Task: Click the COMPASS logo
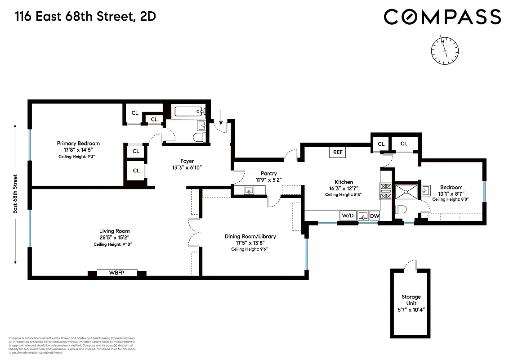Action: coord(442,17)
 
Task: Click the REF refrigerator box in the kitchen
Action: coord(338,152)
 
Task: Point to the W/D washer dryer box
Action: coord(348,216)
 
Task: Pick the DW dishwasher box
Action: coord(375,216)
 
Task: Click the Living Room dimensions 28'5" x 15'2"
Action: coord(112,237)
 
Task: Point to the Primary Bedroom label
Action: coord(78,143)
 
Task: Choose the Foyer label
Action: coord(187,161)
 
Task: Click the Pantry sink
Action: coord(249,191)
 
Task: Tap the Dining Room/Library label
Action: coord(250,236)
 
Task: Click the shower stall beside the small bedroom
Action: coord(406,192)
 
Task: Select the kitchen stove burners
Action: coord(386,191)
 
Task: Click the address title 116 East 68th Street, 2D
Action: coord(86,17)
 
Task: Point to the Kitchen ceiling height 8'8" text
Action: coord(343,195)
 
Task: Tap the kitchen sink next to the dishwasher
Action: coord(362,216)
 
